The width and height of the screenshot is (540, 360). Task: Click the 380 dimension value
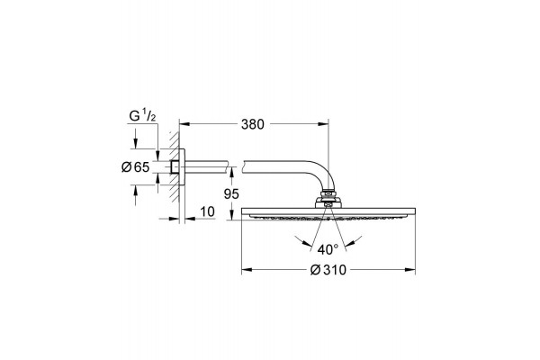pos(252,124)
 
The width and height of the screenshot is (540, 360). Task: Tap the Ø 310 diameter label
pos(328,270)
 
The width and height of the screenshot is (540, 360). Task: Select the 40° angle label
pos(328,249)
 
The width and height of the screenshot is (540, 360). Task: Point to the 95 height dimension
pos(231,194)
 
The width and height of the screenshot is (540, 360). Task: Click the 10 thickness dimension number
pos(207,211)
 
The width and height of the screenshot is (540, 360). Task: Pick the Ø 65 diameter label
pos(135,167)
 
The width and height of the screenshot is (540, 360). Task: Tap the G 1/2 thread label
pos(142,116)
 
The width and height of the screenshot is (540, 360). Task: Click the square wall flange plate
pos(182,167)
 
